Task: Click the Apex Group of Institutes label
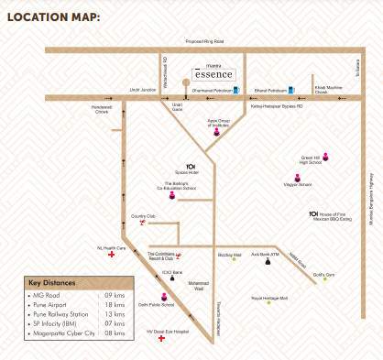coord(217,122)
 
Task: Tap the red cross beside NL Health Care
coord(112,256)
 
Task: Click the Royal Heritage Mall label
coord(268,297)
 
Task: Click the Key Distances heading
coord(58,282)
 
